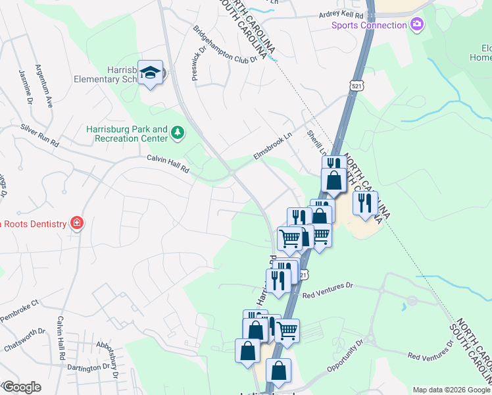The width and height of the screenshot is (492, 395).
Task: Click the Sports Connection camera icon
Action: (416, 25)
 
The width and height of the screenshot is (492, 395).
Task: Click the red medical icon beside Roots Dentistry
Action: (77, 223)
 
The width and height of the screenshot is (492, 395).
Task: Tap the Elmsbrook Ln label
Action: (272, 146)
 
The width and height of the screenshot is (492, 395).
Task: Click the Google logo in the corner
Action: (22, 387)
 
